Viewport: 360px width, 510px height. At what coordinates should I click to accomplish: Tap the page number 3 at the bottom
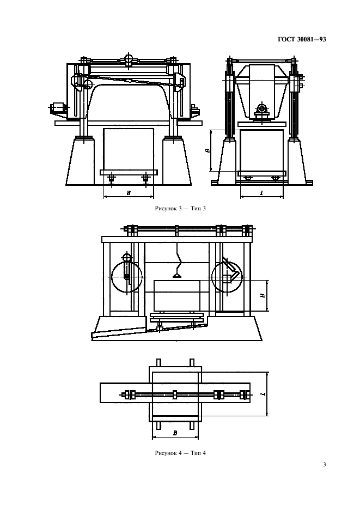324,464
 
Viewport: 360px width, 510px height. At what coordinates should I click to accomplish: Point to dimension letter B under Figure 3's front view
129,192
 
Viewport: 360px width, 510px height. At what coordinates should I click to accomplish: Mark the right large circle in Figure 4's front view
228,277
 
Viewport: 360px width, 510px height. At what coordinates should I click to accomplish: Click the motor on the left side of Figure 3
58,107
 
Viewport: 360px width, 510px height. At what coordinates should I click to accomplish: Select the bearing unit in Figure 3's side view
262,110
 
